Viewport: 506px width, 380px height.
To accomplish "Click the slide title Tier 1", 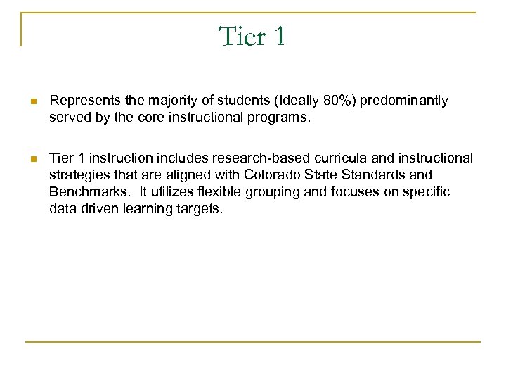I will point(252,36).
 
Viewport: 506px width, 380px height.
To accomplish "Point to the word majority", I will point(165,101).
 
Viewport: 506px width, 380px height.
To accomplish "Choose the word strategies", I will point(78,174).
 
